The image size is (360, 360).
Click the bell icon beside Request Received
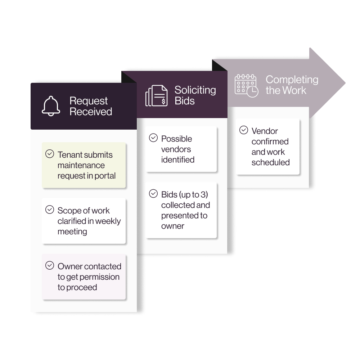pyautogui.click(x=51, y=106)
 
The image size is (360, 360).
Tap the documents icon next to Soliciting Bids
pyautogui.click(x=157, y=96)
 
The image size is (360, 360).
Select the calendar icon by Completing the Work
pyautogui.click(x=246, y=86)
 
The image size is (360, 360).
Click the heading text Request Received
pyautogui.click(x=91, y=106)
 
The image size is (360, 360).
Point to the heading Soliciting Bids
pyautogui.click(x=195, y=95)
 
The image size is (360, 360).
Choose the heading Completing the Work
pyautogui.click(x=292, y=85)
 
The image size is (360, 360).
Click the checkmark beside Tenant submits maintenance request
pyautogui.click(x=50, y=154)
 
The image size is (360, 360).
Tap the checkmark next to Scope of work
pyautogui.click(x=50, y=210)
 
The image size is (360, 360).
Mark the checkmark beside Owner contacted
pyautogui.click(x=50, y=265)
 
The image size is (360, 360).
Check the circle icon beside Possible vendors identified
pyautogui.click(x=153, y=138)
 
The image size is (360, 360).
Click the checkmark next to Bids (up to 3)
pyautogui.click(x=153, y=194)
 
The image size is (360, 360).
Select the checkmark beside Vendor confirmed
pyautogui.click(x=244, y=130)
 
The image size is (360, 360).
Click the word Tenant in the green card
pyautogui.click(x=70, y=155)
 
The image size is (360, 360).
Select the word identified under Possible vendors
pyautogui.click(x=178, y=159)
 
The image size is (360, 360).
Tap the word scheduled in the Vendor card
pyautogui.click(x=271, y=162)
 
